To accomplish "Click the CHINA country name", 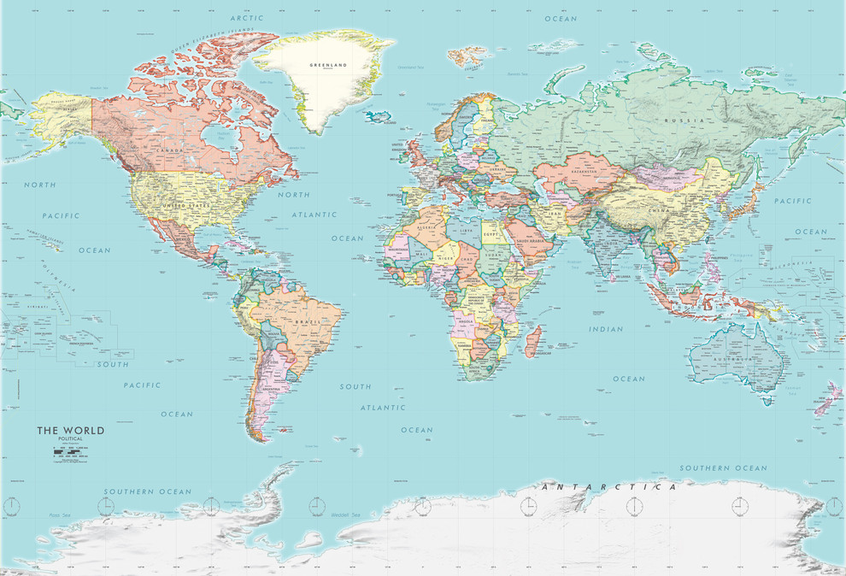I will click(659, 209).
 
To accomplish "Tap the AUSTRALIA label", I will click(737, 359).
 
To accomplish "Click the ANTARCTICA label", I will click(609, 487).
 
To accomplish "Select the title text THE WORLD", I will click(70, 431).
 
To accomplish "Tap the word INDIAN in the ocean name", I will click(606, 329).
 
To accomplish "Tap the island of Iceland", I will click(377, 115).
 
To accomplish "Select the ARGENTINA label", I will click(274, 389).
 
